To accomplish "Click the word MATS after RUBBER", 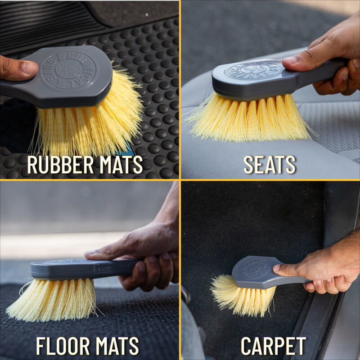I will click(x=119, y=165).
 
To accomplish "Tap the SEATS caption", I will click(x=270, y=165).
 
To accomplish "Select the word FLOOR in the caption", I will click(x=63, y=346).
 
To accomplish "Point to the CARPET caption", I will click(x=273, y=346).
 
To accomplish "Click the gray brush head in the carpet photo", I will click(x=254, y=272).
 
